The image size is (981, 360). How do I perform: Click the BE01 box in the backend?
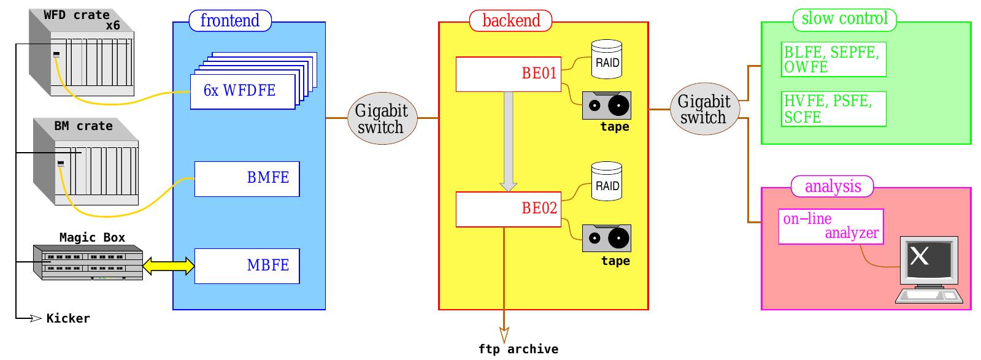click(x=508, y=74)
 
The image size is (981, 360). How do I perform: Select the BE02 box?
click(x=508, y=209)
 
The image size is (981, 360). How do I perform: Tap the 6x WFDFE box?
click(x=242, y=91)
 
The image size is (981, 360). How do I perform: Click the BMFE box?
click(x=247, y=178)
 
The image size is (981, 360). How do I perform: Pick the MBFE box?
click(x=247, y=266)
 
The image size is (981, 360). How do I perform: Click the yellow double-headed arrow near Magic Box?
click(x=169, y=266)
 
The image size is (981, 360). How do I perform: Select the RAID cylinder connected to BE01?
click(x=606, y=59)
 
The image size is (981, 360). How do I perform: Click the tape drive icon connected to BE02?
click(x=606, y=239)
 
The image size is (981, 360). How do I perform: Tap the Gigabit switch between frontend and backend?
click(x=382, y=118)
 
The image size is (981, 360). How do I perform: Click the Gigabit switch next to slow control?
click(x=704, y=109)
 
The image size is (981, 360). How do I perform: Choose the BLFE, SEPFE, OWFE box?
click(x=834, y=59)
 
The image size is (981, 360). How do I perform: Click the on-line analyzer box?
click(x=831, y=226)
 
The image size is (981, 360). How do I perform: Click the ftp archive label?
click(x=518, y=350)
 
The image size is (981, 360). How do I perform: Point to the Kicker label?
click(x=68, y=318)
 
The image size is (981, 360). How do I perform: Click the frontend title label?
click(x=230, y=20)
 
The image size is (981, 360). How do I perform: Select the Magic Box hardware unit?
click(x=88, y=262)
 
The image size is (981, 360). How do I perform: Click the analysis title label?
click(x=833, y=186)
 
